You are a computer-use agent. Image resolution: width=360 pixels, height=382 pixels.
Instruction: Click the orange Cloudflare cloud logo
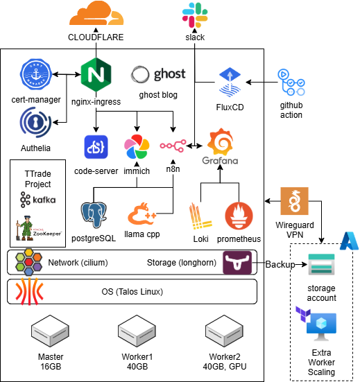pos(96,13)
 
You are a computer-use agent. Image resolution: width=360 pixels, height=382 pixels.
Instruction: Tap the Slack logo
pos(195,15)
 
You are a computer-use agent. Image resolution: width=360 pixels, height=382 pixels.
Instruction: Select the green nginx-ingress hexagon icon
pos(96,74)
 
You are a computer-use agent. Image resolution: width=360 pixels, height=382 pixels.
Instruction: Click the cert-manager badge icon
pos(36,74)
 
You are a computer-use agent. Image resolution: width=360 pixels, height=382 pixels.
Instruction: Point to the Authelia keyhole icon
pos(35,123)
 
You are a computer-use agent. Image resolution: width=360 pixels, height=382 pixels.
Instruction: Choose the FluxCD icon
pos(230,82)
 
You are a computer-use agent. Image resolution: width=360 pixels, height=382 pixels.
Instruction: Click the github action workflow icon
pos(291,83)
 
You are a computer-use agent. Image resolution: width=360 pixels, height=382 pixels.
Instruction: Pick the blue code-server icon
pos(96,147)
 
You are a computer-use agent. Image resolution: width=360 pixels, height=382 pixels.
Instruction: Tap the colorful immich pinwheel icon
pos(137,147)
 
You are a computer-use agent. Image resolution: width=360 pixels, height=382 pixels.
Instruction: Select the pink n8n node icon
pos(173,146)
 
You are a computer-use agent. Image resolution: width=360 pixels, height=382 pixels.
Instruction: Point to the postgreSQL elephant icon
pos(94,215)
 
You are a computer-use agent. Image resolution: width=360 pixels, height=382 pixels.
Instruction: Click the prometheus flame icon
pos(239,216)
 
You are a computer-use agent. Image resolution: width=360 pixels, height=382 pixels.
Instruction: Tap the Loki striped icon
pos(200,216)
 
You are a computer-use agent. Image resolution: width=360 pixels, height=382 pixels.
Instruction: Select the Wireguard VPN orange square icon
pos(294,201)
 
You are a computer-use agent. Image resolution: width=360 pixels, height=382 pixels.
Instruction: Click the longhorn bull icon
pos(237,263)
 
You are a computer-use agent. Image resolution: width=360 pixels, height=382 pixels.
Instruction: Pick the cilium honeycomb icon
pos(28,262)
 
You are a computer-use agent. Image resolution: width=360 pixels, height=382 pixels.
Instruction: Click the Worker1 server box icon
pos(137,331)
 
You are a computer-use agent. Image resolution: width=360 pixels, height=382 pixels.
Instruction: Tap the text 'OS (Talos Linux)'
pos(132,292)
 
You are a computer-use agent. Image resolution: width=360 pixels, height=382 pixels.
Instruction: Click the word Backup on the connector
pos(280,264)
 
